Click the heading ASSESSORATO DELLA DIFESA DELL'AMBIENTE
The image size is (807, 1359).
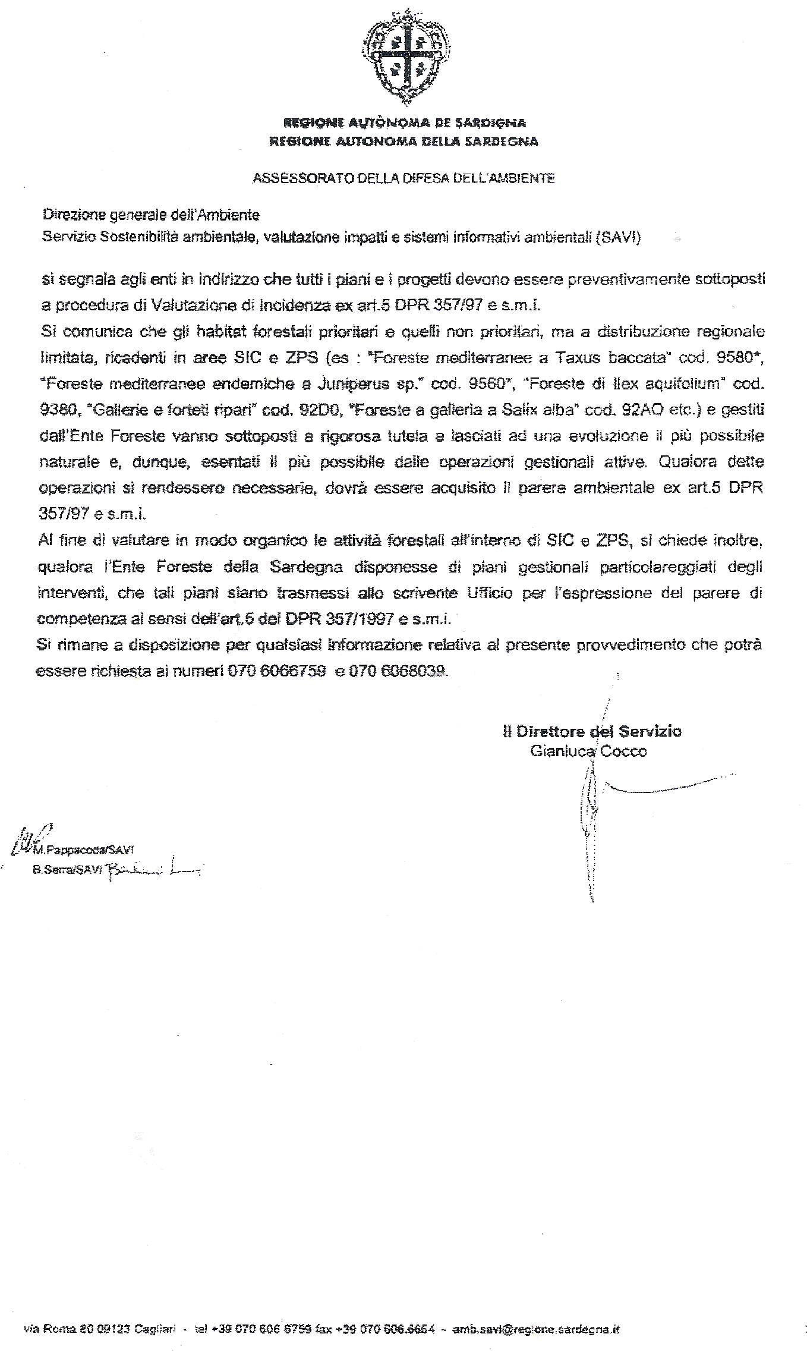[x=404, y=178]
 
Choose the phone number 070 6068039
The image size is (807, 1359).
[x=398, y=671]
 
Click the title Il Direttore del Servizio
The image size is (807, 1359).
[x=592, y=732]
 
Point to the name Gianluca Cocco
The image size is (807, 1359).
[x=588, y=751]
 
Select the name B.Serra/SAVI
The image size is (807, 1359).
[x=67, y=869]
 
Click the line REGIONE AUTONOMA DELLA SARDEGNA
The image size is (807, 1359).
[x=404, y=141]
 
